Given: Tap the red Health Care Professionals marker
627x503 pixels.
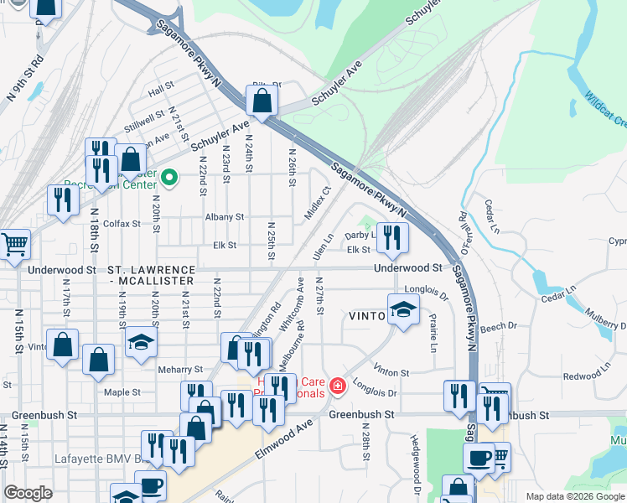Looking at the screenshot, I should coord(337,385).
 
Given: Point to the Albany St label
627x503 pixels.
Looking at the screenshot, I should coord(224,216).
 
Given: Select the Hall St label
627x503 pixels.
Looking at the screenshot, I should coord(158,91).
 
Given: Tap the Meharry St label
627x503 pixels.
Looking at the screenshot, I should coord(180,369).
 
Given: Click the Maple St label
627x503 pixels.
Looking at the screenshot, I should coord(121,392).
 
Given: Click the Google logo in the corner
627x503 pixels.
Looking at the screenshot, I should coord(28,493).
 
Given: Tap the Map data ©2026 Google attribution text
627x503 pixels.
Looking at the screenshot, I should coord(574,495).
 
